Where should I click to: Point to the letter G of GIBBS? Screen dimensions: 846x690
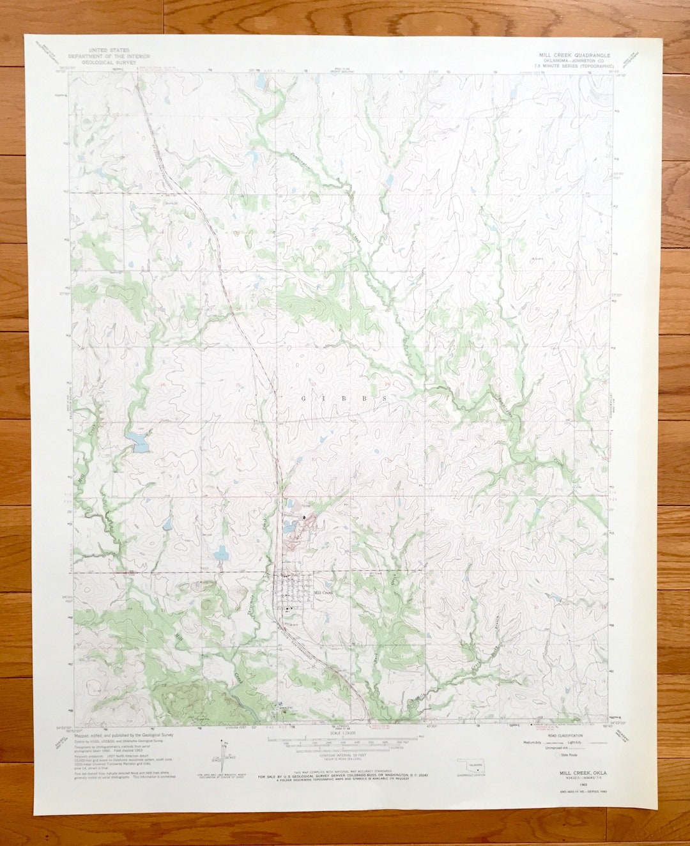click(x=303, y=398)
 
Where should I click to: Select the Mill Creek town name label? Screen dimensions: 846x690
click(x=323, y=592)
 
